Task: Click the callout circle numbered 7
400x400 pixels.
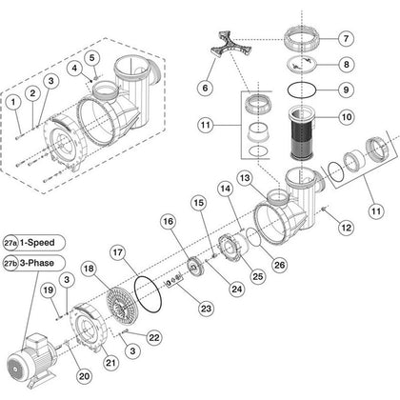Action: coord(373,40)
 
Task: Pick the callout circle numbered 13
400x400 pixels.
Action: coord(245,177)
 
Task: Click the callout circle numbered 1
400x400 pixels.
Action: coord(14,99)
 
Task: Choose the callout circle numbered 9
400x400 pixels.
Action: coord(373,90)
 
